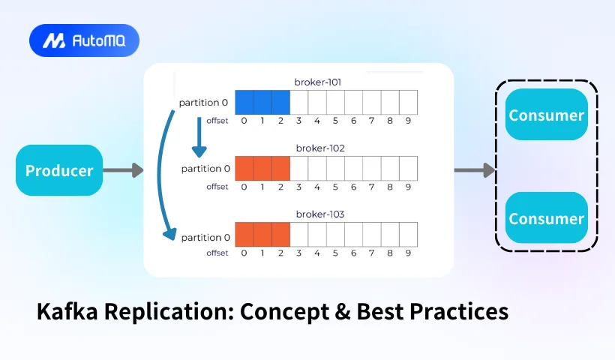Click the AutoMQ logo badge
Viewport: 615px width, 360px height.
[x=84, y=40]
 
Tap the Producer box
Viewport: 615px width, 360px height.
[x=59, y=170]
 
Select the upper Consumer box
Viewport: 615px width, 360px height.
[x=546, y=115]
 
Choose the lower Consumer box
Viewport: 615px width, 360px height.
[x=546, y=218]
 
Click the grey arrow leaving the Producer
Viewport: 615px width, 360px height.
[x=123, y=170]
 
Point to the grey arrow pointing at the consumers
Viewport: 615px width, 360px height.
[x=475, y=170]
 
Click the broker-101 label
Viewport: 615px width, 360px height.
[x=318, y=82]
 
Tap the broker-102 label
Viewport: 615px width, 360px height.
[x=320, y=148]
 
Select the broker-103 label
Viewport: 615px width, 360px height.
[x=320, y=214]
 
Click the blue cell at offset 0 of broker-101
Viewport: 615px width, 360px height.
[x=244, y=102]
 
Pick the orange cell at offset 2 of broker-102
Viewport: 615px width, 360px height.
[x=280, y=169]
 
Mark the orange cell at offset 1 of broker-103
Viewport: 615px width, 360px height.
[x=262, y=235]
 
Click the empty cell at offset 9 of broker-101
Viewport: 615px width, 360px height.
[x=408, y=102]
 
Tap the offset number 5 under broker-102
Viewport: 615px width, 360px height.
[x=335, y=187]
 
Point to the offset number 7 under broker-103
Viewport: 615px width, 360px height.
[x=371, y=253]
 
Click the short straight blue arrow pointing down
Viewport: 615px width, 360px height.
[x=199, y=137]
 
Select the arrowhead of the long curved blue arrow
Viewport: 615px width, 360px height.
[x=170, y=234]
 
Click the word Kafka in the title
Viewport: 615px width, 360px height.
[x=67, y=311]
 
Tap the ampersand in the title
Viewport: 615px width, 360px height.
[x=343, y=311]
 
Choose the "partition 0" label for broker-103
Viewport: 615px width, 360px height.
[x=205, y=238]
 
